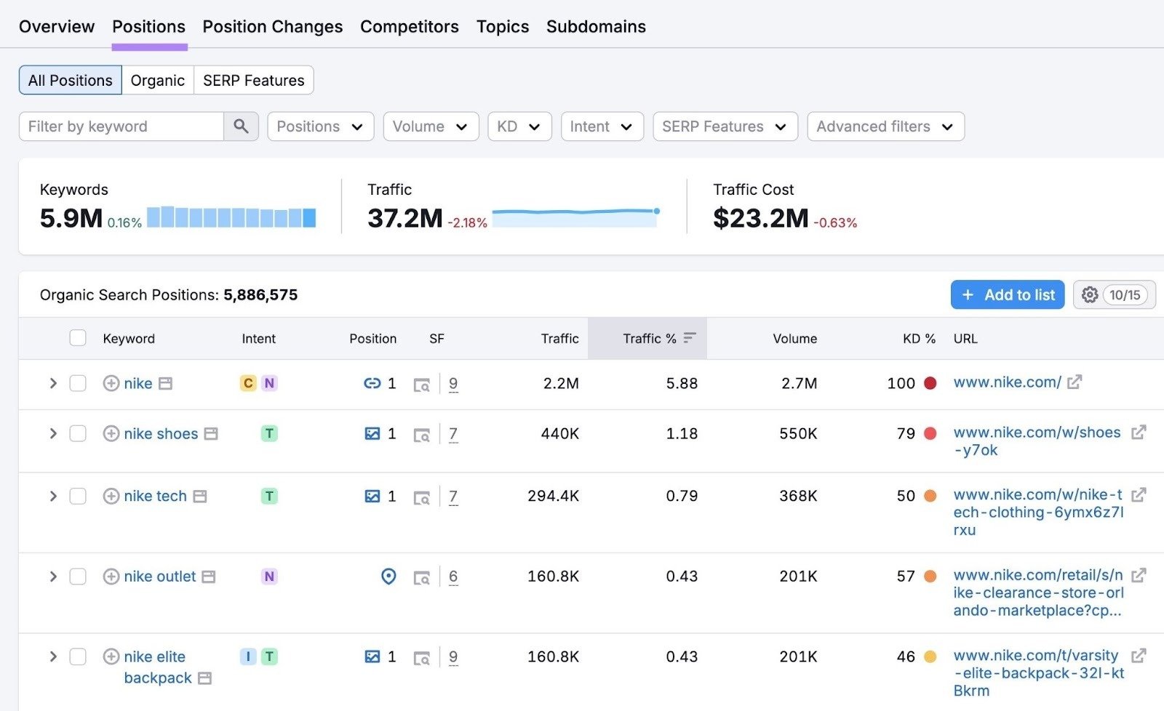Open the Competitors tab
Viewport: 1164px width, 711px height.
[x=409, y=27]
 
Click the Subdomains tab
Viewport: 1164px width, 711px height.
[x=595, y=27]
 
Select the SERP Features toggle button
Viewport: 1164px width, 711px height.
[x=253, y=81]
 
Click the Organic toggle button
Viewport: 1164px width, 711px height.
[x=157, y=81]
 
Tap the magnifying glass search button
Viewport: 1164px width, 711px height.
[x=241, y=126]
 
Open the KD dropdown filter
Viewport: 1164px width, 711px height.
[x=519, y=126]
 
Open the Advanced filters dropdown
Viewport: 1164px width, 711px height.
[x=885, y=126]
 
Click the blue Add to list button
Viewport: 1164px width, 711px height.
[x=1007, y=295]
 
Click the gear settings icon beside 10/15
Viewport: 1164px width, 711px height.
[x=1089, y=295]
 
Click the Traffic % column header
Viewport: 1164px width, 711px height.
[x=650, y=339]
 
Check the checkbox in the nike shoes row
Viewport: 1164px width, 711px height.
[x=78, y=434]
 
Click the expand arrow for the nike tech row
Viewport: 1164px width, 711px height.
[x=52, y=497]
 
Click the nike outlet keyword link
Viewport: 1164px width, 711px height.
[x=159, y=577]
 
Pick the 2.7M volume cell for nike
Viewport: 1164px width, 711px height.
[x=799, y=383]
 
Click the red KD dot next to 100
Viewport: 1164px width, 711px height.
[x=930, y=383]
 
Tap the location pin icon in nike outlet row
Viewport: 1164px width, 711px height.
[x=388, y=577]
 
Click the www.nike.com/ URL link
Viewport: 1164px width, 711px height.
[x=1007, y=382]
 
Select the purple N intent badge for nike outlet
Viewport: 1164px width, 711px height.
[x=269, y=577]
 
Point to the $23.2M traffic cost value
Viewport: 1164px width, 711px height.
[x=760, y=218]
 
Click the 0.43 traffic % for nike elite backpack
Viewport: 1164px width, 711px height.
[x=682, y=657]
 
